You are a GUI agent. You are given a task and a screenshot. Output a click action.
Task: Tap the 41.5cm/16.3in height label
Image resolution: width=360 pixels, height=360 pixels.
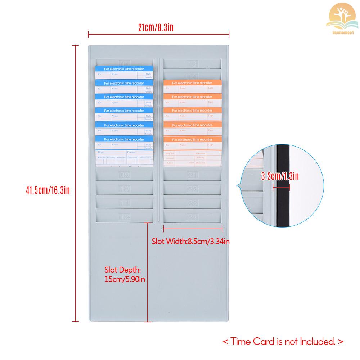tap(48, 190)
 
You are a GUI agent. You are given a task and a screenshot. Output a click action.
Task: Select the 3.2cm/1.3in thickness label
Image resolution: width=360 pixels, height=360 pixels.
tap(280, 176)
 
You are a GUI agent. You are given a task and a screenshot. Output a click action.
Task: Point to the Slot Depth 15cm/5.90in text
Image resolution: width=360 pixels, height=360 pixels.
tap(125, 274)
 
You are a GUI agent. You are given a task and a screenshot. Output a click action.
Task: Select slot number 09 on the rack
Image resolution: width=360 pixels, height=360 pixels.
tap(125, 175)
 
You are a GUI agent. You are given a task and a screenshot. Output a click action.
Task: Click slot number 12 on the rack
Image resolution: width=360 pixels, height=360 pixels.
tap(125, 217)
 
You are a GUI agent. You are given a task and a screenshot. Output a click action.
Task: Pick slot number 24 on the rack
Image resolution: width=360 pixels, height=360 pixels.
tap(193, 217)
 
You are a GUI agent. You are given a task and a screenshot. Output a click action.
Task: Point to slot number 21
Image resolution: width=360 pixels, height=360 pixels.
tap(193, 175)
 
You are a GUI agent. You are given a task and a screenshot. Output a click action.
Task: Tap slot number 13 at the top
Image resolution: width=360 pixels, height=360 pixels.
tap(193, 64)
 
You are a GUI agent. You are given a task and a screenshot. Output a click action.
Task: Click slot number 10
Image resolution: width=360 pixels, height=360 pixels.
tap(125, 189)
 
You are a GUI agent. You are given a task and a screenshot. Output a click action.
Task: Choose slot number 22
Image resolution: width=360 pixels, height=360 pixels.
tap(193, 189)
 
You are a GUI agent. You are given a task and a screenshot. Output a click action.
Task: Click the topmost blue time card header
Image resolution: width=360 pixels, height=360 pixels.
tap(124, 69)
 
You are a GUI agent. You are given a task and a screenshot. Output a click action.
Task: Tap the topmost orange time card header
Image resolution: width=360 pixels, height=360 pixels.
tap(192, 83)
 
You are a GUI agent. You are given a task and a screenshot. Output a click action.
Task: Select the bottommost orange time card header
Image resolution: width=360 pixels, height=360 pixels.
tap(192, 139)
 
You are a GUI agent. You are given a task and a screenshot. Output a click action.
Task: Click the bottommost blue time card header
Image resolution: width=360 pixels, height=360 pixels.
tap(124, 139)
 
